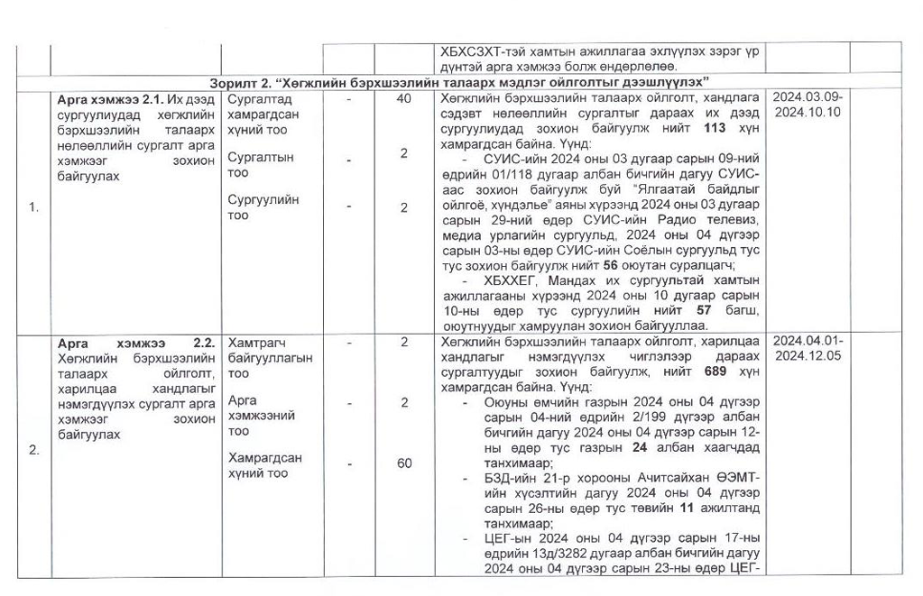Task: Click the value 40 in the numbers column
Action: click(x=404, y=98)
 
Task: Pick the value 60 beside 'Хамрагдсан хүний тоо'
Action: click(x=404, y=463)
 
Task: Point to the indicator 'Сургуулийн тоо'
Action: click(x=263, y=207)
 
